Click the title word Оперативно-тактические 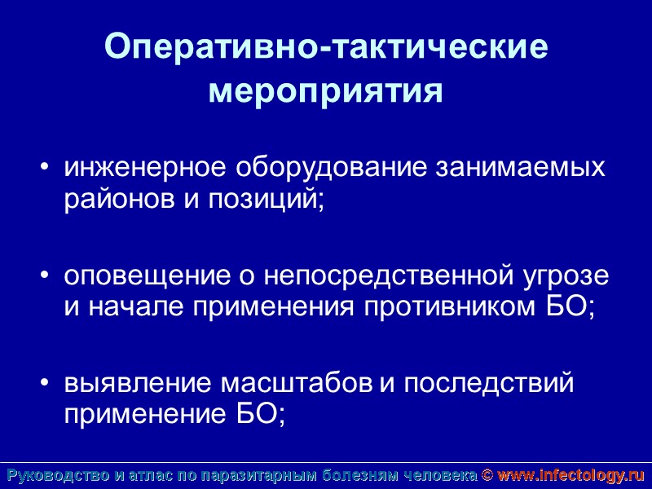point(326,48)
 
